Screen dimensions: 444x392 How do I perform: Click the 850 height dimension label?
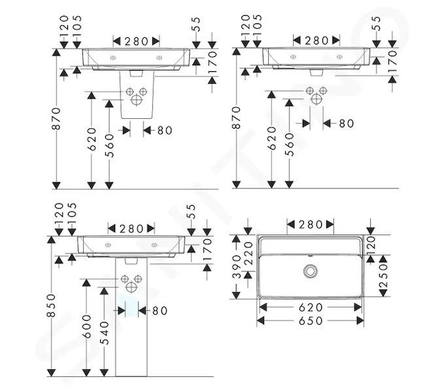point(52,305)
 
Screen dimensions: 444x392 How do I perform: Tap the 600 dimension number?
point(87,327)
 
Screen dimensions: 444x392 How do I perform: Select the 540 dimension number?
point(105,333)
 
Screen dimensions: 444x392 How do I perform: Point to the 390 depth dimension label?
point(237,267)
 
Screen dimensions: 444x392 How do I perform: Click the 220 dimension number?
point(248,253)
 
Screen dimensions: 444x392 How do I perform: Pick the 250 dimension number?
point(383,276)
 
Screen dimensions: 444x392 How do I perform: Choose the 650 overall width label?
point(311,321)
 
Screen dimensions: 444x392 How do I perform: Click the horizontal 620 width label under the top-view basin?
point(311,307)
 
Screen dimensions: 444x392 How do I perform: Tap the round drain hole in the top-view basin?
point(311,271)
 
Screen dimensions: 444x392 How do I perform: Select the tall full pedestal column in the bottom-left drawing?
point(131,317)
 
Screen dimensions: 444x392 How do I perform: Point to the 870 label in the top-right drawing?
point(236,118)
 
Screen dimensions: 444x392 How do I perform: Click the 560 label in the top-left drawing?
point(109,146)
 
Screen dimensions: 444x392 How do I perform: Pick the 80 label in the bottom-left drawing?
point(160,310)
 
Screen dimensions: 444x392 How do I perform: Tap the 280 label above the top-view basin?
point(311,225)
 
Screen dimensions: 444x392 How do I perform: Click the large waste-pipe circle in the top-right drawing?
point(316,99)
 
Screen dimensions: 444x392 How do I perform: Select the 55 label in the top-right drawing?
point(377,24)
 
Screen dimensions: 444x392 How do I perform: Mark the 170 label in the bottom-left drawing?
point(207,250)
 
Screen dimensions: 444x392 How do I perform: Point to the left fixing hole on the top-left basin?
point(113,58)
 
